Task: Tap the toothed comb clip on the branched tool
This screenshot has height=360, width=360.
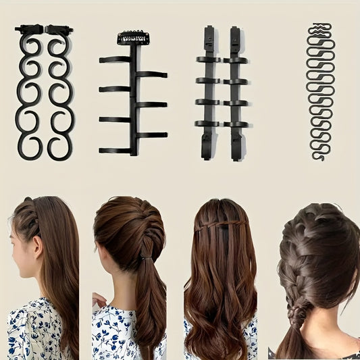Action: (132, 38)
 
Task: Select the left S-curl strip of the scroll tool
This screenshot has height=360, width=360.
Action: (29, 95)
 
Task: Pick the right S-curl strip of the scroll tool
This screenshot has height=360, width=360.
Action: (59, 95)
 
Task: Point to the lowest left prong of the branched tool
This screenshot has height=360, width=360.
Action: (115, 150)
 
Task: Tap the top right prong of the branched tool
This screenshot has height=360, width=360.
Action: (152, 74)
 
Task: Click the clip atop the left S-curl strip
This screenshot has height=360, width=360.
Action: (29, 30)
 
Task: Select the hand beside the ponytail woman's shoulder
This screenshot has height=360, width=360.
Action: (99, 300)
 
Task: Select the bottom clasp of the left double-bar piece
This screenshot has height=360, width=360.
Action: (207, 149)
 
